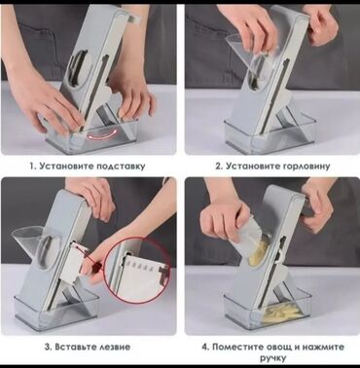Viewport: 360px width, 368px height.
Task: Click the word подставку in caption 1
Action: (121, 166)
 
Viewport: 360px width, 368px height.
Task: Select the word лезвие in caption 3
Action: (114, 347)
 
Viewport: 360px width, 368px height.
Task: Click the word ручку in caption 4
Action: (273, 358)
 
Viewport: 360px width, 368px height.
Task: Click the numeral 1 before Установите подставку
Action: (32, 166)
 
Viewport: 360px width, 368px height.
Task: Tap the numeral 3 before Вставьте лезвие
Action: (47, 347)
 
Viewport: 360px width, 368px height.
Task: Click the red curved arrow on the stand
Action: (100, 134)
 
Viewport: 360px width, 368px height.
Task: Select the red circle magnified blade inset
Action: (137, 270)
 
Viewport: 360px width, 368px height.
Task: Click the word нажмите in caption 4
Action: (323, 347)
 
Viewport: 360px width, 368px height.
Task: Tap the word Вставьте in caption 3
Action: (73, 347)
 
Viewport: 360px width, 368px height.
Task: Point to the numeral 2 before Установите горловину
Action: (219, 166)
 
